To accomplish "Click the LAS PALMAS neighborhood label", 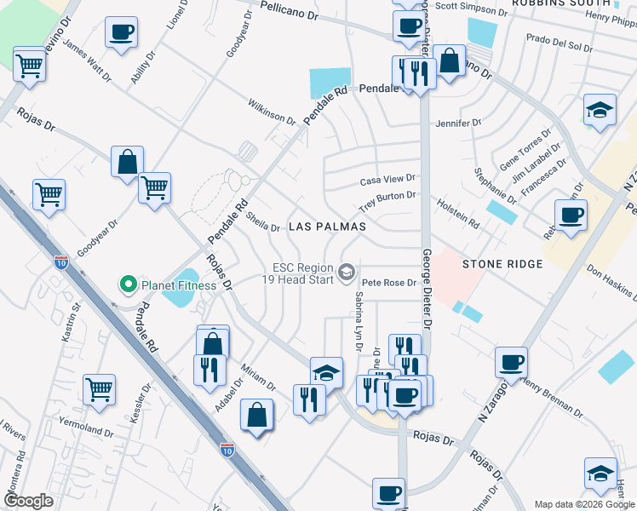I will click(x=328, y=227).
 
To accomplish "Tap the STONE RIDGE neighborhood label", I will click(x=502, y=264).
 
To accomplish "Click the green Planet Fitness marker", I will click(x=129, y=284).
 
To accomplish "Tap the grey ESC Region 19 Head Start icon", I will click(x=346, y=273).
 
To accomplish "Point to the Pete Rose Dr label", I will click(x=388, y=282).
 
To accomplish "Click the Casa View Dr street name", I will click(x=387, y=179).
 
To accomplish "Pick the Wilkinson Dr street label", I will click(x=272, y=111).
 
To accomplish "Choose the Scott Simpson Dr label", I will click(x=470, y=6).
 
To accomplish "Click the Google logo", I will click(x=28, y=501).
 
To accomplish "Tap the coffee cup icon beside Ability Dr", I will click(x=121, y=34).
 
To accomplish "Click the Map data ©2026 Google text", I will click(x=583, y=504).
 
